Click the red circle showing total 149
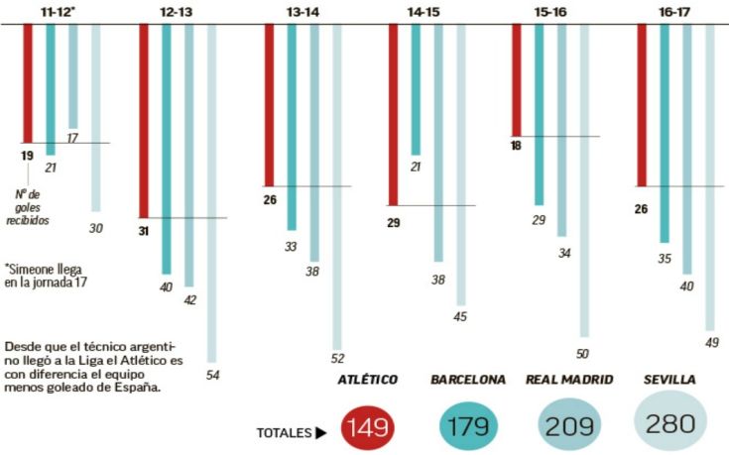367,427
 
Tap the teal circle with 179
467,427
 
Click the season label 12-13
175,11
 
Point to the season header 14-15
425,11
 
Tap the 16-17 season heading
674,11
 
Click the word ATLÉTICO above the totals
367,380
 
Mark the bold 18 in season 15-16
516,147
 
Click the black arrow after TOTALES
321,433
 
